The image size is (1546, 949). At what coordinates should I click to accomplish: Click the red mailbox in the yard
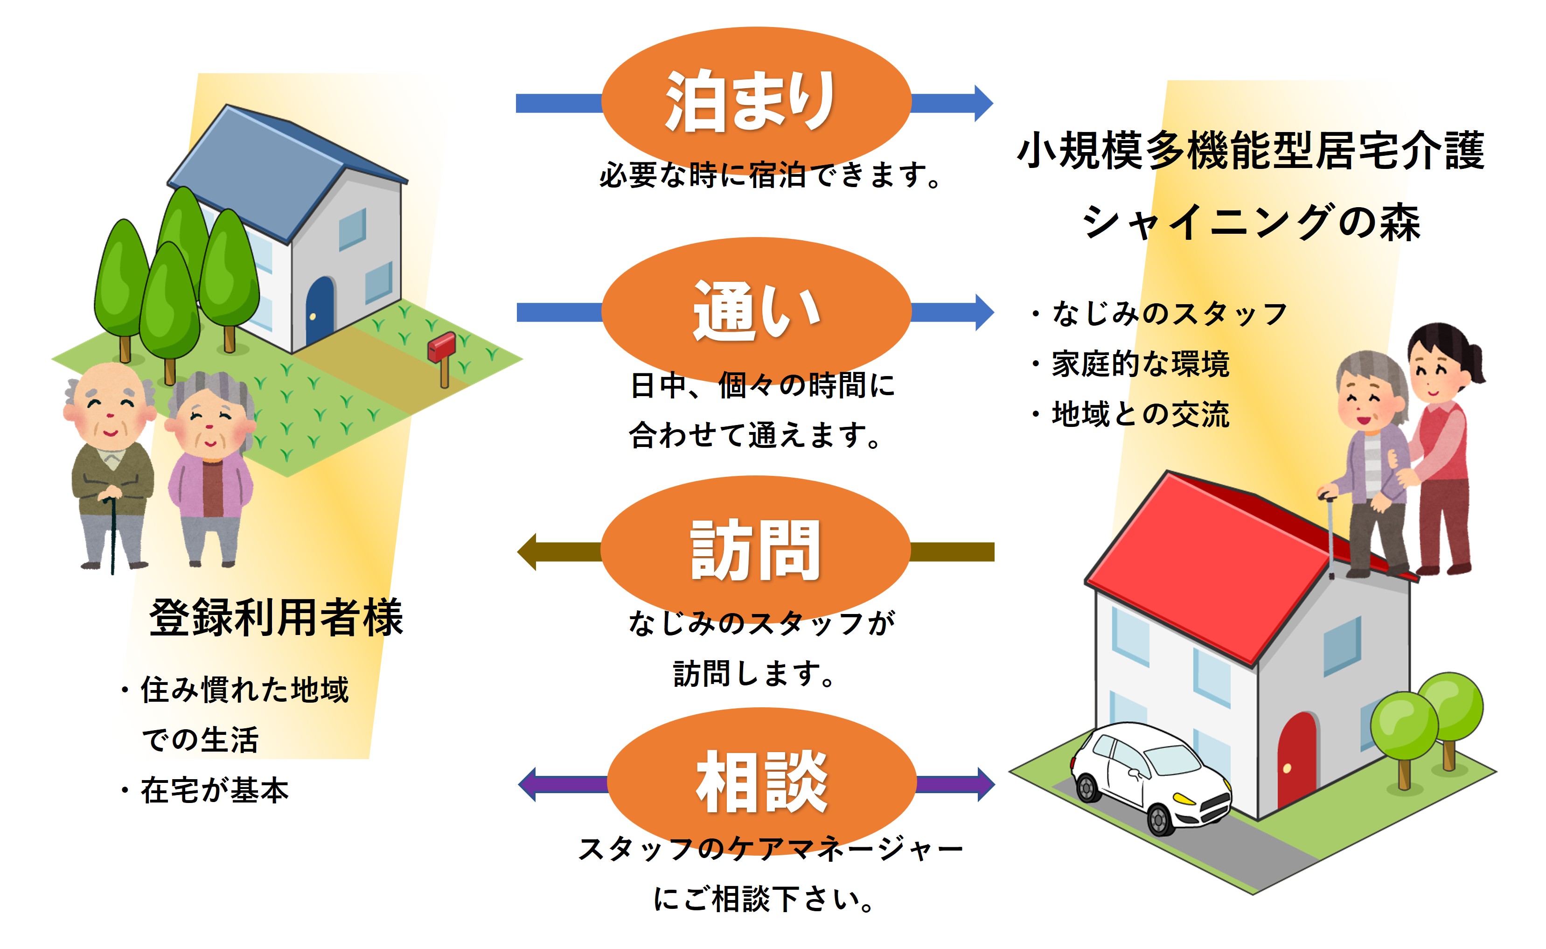441,349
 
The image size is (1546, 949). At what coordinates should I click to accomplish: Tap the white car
1148,778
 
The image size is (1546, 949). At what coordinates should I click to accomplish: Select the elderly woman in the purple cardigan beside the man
210,464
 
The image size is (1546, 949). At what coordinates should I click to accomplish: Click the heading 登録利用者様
276,618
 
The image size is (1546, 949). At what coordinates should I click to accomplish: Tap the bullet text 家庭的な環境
1139,364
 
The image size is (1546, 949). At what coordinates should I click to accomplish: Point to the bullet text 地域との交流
1139,414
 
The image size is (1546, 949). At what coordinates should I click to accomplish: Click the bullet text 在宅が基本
213,789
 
